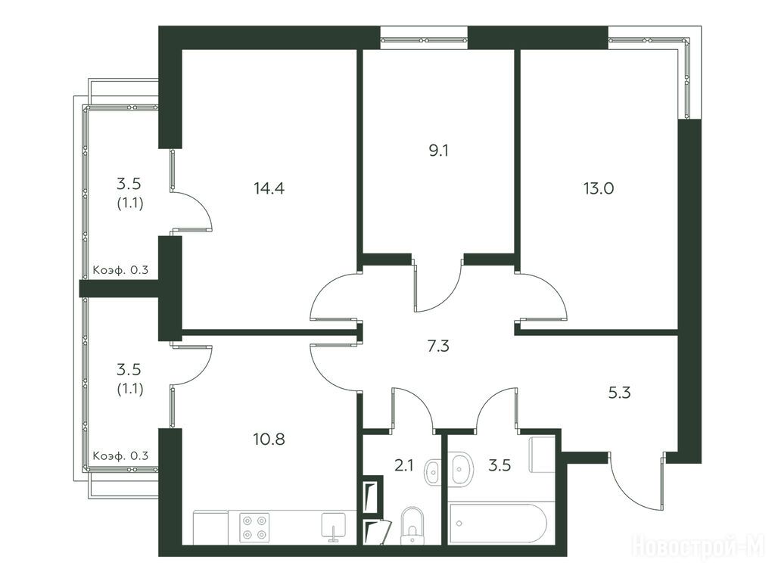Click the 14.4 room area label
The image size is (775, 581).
269,188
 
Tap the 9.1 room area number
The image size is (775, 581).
438,151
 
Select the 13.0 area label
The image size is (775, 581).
598,188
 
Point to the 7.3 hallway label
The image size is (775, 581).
438,346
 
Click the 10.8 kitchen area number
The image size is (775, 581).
269,438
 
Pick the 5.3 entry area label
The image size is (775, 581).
619,393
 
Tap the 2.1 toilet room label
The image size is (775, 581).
403,465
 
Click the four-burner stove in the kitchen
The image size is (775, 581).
254,527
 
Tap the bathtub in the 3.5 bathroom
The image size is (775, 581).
497,524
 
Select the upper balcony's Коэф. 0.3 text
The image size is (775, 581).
120,270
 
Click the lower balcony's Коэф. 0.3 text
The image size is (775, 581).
120,455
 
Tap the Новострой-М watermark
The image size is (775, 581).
699,546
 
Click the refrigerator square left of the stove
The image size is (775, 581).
210,527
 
